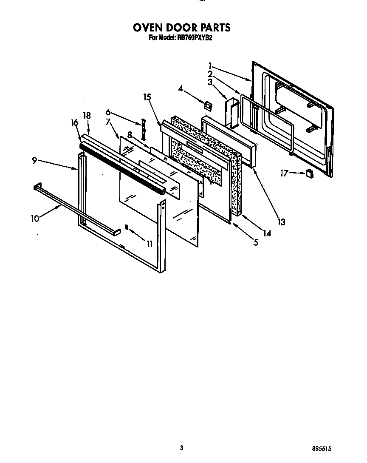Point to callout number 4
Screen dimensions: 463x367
click(x=181, y=89)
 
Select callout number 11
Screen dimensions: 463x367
click(x=149, y=244)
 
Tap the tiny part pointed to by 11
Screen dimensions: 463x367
click(x=127, y=227)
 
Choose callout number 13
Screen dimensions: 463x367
click(x=281, y=222)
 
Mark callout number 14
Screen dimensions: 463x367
click(x=266, y=233)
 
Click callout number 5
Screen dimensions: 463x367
click(x=255, y=243)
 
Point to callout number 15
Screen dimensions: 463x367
click(x=147, y=97)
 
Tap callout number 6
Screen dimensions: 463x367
click(x=108, y=112)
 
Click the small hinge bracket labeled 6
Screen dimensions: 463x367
click(x=143, y=129)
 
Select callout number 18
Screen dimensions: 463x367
click(x=87, y=115)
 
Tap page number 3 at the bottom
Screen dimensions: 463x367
click(x=181, y=447)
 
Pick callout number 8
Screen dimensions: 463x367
click(x=130, y=135)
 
